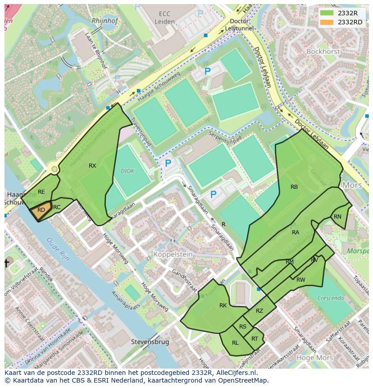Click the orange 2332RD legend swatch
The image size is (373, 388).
pyautogui.click(x=327, y=22)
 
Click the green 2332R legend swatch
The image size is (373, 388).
pyautogui.click(x=327, y=13)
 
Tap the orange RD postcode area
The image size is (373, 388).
pyautogui.click(x=41, y=210)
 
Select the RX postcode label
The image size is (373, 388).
pyautogui.click(x=92, y=166)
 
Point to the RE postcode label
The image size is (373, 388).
pyautogui.click(x=41, y=192)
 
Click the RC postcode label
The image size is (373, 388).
pyautogui.click(x=57, y=207)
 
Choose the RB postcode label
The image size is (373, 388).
pyautogui.click(x=294, y=187)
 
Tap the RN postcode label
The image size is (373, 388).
pyautogui.click(x=337, y=217)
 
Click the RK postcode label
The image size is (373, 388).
pyautogui.click(x=223, y=306)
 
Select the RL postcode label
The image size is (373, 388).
pyautogui.click(x=235, y=343)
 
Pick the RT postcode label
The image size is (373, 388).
pyautogui.click(x=255, y=339)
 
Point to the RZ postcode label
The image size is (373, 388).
pyautogui.click(x=259, y=311)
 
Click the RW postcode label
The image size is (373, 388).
pyautogui.click(x=301, y=280)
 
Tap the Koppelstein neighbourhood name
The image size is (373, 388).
pyautogui.click(x=173, y=255)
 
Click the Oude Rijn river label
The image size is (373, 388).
pyautogui.click(x=58, y=249)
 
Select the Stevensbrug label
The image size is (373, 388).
pyautogui.click(x=150, y=342)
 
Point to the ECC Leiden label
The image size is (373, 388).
pyautogui.click(x=164, y=18)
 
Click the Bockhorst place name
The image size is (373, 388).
pyautogui.click(x=323, y=51)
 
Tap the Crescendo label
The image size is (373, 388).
pyautogui.click(x=331, y=298)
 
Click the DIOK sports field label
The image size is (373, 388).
pyautogui.click(x=127, y=171)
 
